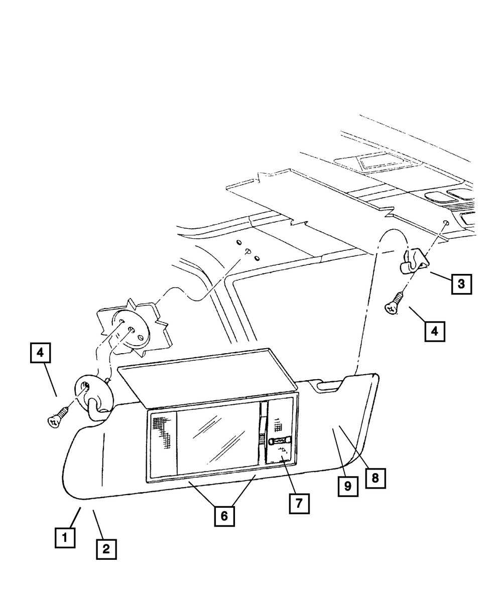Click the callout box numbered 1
click(x=65, y=538)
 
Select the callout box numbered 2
click(x=106, y=549)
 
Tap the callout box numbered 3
click(x=461, y=284)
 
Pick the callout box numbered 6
click(x=224, y=515)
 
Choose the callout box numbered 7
click(x=299, y=503)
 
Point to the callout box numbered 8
click(x=375, y=478)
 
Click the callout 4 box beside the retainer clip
click(x=435, y=331)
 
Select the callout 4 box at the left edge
click(x=41, y=353)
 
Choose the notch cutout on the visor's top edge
click(x=332, y=385)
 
